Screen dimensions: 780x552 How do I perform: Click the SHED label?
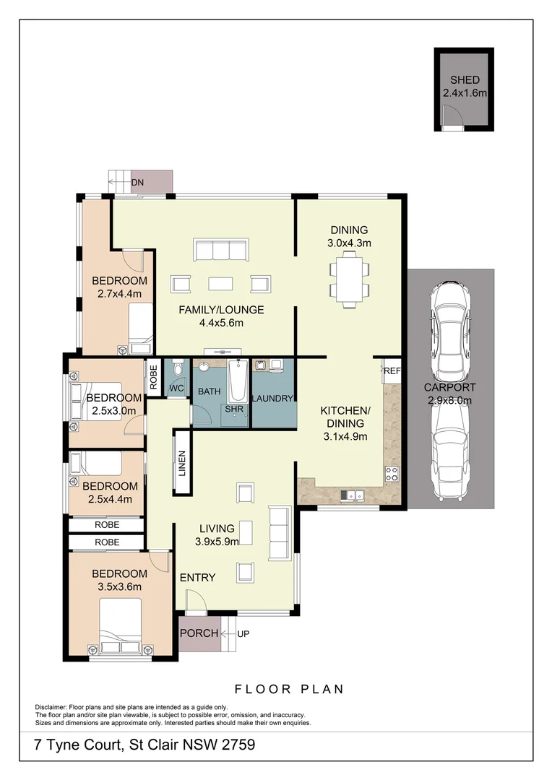click(464, 80)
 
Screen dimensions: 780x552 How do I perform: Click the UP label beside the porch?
click(243, 633)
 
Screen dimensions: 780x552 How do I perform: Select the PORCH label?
click(199, 633)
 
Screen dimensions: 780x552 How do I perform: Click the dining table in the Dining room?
click(350, 281)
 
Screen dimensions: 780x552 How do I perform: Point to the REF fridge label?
click(392, 370)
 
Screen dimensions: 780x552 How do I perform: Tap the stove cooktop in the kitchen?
click(392, 474)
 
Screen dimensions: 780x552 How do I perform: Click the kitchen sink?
click(353, 495)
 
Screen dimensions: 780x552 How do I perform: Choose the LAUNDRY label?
click(272, 399)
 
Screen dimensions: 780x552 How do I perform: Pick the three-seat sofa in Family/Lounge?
click(220, 250)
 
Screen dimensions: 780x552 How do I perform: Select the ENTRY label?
click(197, 577)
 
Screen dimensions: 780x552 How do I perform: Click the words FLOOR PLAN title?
click(289, 689)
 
